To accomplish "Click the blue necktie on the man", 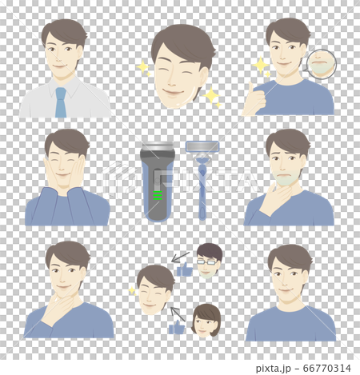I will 61,102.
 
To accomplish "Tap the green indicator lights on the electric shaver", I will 157,195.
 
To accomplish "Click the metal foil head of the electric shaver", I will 158,151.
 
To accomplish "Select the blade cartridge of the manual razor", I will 202,147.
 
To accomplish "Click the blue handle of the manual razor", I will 202,192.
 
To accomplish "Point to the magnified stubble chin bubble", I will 322,64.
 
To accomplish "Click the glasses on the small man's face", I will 209,261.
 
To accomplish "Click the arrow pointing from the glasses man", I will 180,257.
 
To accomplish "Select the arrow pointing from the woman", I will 178,313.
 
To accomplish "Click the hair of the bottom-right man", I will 290,256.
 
